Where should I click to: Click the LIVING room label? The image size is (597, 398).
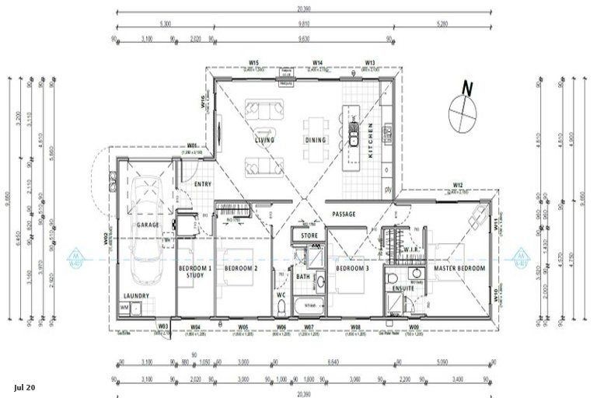pyautogui.click(x=266, y=141)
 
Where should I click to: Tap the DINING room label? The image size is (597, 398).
pyautogui.click(x=316, y=141)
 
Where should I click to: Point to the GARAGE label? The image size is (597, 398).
pyautogui.click(x=148, y=225)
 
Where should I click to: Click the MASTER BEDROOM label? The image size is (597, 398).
pyautogui.click(x=459, y=269)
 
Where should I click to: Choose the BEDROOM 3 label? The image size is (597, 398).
pyautogui.click(x=352, y=269)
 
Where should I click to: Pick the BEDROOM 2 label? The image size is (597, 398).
pyautogui.click(x=241, y=269)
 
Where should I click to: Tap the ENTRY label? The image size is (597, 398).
pyautogui.click(x=203, y=184)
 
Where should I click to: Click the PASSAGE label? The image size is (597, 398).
pyautogui.click(x=344, y=214)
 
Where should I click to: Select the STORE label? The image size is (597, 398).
pyautogui.click(x=309, y=235)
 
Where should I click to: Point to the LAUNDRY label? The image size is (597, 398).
pyautogui.click(x=137, y=295)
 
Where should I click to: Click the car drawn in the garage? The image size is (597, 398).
pyautogui.click(x=146, y=229)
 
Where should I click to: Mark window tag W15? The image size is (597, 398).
pyautogui.click(x=253, y=62)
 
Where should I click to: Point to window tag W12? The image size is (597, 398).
pyautogui.click(x=459, y=185)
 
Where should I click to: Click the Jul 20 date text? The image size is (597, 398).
pyautogui.click(x=24, y=386)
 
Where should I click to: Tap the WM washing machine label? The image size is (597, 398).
pyautogui.click(x=124, y=309)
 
